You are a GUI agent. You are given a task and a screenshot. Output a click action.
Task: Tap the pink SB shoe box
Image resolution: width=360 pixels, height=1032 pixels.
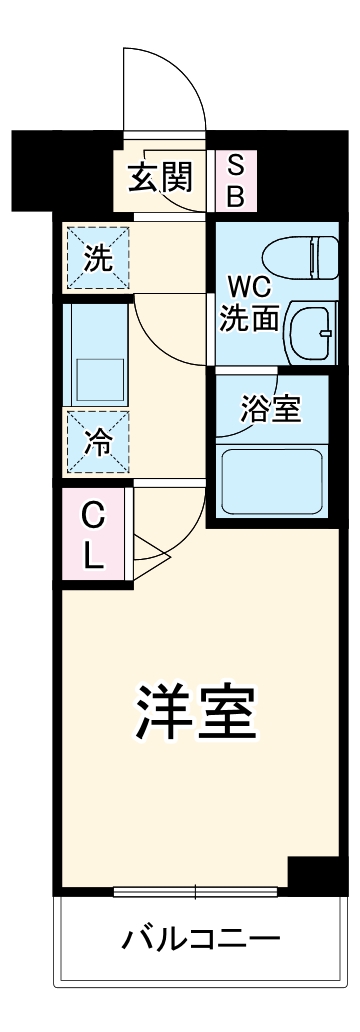[235, 180]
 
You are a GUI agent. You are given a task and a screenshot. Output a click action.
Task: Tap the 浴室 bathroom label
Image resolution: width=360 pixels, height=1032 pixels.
[270, 409]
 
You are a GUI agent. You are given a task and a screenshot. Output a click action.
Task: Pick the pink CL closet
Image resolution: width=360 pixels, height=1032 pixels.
[93, 536]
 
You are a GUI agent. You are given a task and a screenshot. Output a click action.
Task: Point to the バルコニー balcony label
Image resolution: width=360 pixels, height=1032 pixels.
[200, 941]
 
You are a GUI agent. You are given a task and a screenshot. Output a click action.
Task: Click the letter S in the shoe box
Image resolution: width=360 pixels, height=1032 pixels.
[235, 165]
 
